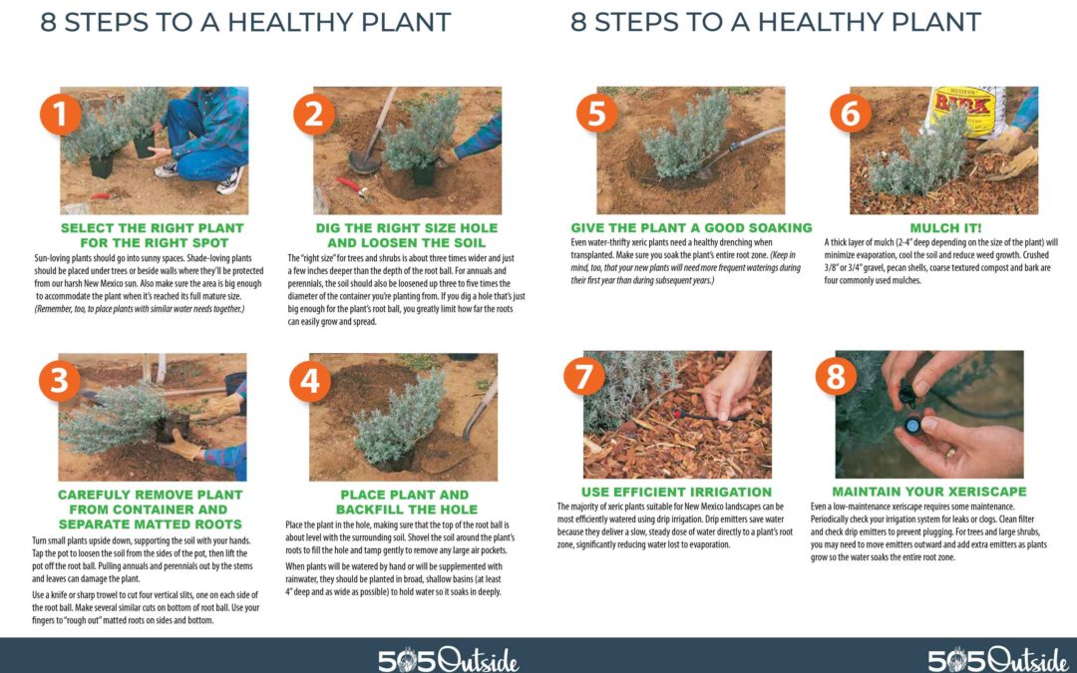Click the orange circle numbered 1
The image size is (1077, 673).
[x=61, y=114]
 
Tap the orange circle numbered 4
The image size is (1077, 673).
[x=310, y=381]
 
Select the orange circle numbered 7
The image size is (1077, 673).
[x=583, y=376]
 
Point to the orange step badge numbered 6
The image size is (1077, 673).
[x=851, y=114]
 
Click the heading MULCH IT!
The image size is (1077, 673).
[x=945, y=228]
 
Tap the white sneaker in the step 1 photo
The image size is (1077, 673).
[x=230, y=180]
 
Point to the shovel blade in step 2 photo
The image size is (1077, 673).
[x=364, y=163]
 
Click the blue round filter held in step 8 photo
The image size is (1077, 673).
[x=912, y=426]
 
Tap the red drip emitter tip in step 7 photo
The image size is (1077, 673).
[x=679, y=414]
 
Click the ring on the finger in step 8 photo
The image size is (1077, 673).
[x=952, y=452]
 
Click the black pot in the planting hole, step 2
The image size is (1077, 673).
[x=423, y=174]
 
